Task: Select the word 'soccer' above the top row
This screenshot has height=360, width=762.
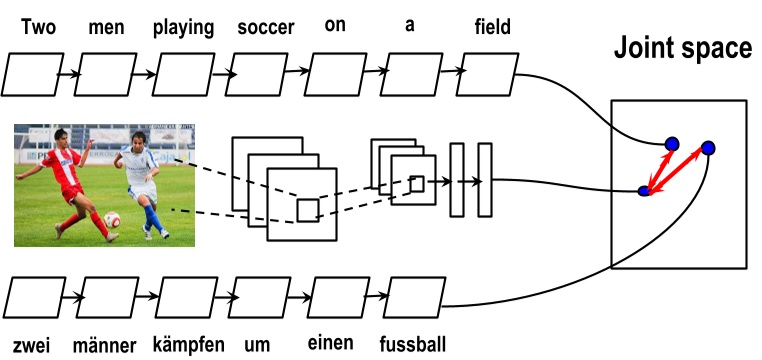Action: [x=266, y=27]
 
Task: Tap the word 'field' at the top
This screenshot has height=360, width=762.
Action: [x=492, y=27]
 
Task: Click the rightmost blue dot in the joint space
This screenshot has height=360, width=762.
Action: [x=708, y=148]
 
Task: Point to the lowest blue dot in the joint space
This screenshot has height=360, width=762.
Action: [x=645, y=189]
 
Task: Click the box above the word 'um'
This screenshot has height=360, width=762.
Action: [x=263, y=298]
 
